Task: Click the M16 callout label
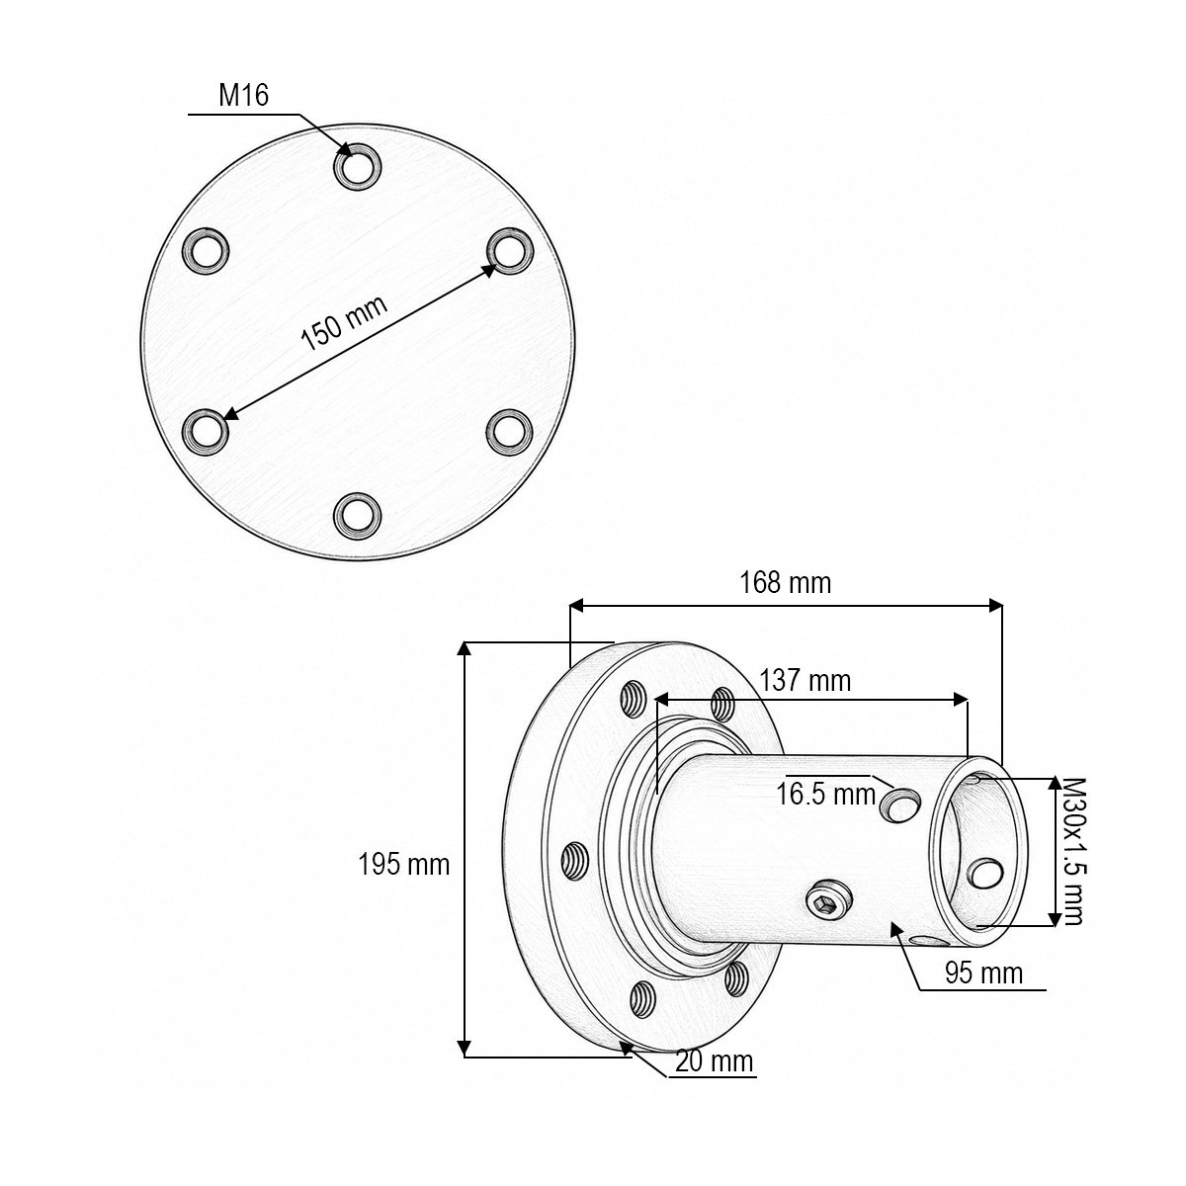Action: click(x=244, y=96)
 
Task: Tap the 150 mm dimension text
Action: click(x=345, y=322)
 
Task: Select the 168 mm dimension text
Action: click(x=785, y=582)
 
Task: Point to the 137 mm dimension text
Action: click(x=805, y=681)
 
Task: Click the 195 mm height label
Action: click(x=404, y=865)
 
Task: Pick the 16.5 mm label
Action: click(x=825, y=794)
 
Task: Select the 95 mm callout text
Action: click(x=983, y=974)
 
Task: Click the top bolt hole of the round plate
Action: click(x=357, y=166)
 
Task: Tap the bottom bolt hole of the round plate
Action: click(x=357, y=516)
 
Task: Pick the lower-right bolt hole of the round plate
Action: click(x=510, y=431)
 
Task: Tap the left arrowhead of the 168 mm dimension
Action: click(x=576, y=606)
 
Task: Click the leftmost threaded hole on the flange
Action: click(x=576, y=860)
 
